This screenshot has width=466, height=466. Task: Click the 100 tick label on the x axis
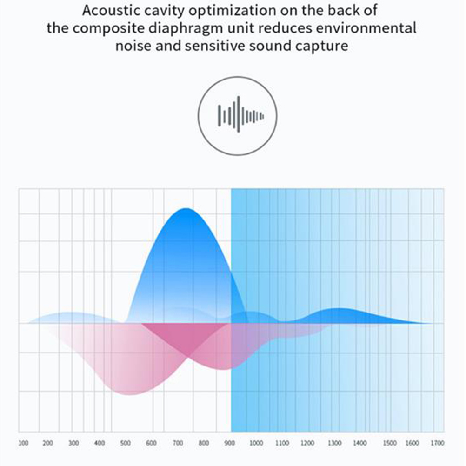coord(23,443)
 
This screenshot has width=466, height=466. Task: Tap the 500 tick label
coord(126,443)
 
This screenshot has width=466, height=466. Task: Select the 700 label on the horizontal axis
coord(178,443)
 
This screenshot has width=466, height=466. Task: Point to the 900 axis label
coord(229,443)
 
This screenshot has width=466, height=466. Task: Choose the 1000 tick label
coord(256,443)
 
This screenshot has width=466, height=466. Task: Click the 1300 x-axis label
coord(335,443)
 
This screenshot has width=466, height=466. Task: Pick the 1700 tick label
coord(437,443)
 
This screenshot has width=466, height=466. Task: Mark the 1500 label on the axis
coord(390,443)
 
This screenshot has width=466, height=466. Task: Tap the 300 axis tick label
coord(73,443)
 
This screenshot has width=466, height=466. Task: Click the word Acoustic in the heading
coord(111,10)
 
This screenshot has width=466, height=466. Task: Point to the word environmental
coord(366,28)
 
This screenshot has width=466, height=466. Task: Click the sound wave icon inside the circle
coord(240,114)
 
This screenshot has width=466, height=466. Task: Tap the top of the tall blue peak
coord(186,208)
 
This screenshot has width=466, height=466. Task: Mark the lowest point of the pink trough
coord(130,395)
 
